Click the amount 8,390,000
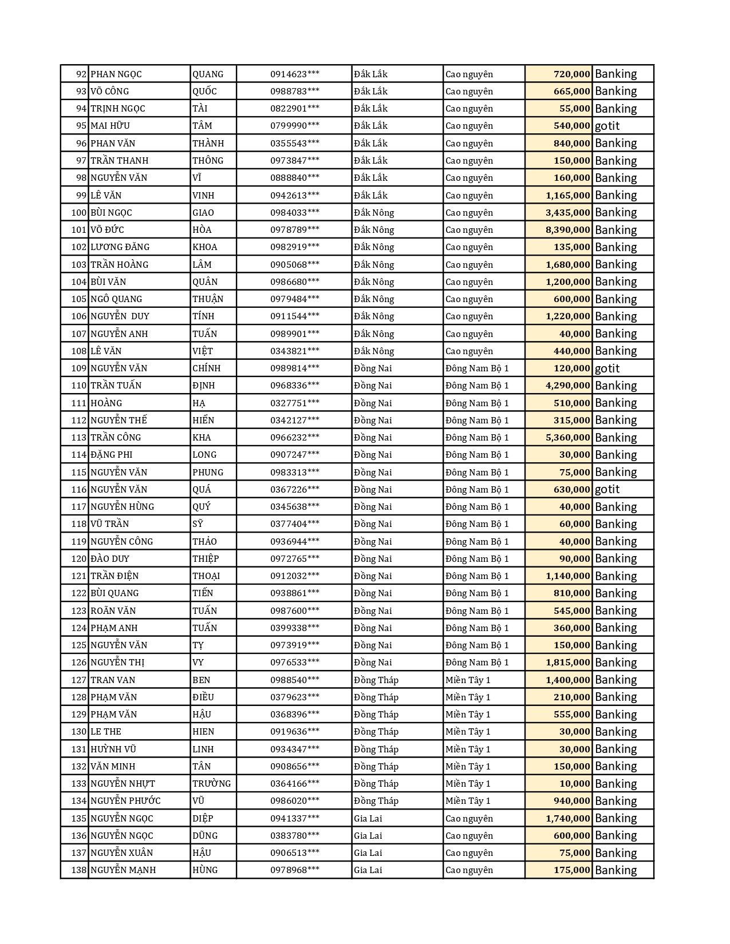point(567,229)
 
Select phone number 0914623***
point(294,74)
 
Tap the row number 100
point(79,212)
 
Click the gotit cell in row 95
point(607,126)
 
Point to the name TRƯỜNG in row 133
point(211,783)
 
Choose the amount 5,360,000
point(567,437)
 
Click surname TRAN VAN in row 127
point(113,680)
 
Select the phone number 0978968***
point(294,870)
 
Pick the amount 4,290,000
point(567,385)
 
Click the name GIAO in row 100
point(203,212)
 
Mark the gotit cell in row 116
point(607,489)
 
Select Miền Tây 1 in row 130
point(468,731)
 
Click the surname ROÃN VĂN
point(113,610)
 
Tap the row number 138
point(79,870)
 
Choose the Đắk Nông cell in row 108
point(374,351)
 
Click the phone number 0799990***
point(294,126)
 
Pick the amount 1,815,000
point(567,662)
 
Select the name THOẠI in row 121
point(206,576)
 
